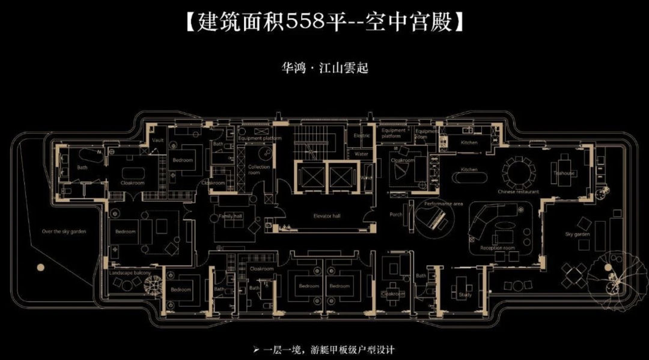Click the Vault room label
158,140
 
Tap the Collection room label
260,169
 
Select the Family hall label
230,216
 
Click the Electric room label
362,136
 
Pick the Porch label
396,215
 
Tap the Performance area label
444,204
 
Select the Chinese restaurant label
518,192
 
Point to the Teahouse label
564,173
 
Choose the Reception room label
498,248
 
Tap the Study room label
465,294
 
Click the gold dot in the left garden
40,267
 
